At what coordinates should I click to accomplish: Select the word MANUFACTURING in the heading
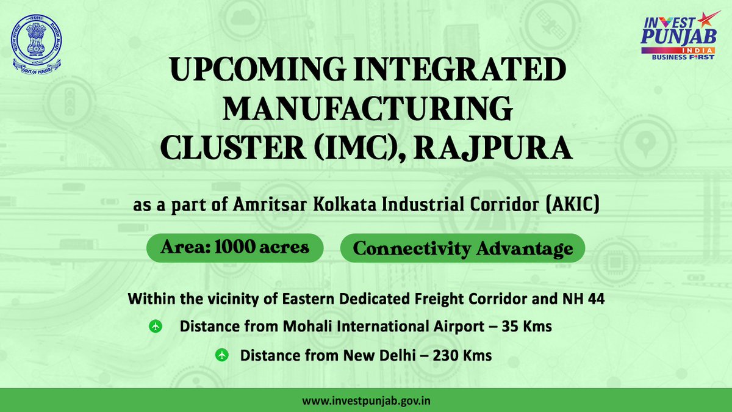tap(367, 110)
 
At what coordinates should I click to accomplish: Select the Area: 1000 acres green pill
tap(235, 248)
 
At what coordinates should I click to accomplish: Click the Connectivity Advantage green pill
tap(462, 248)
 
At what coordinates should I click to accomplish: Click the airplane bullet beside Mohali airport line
tap(155, 327)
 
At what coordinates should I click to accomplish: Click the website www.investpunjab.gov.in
tap(366, 401)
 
